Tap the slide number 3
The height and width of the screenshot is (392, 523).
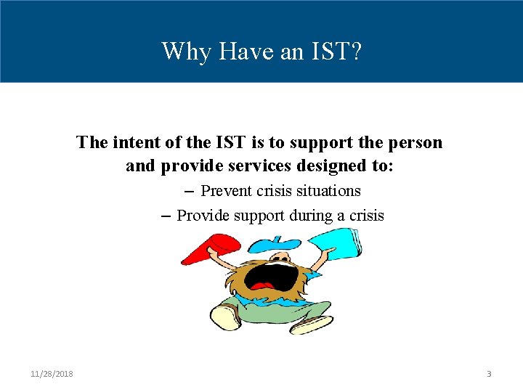coord(489,374)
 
